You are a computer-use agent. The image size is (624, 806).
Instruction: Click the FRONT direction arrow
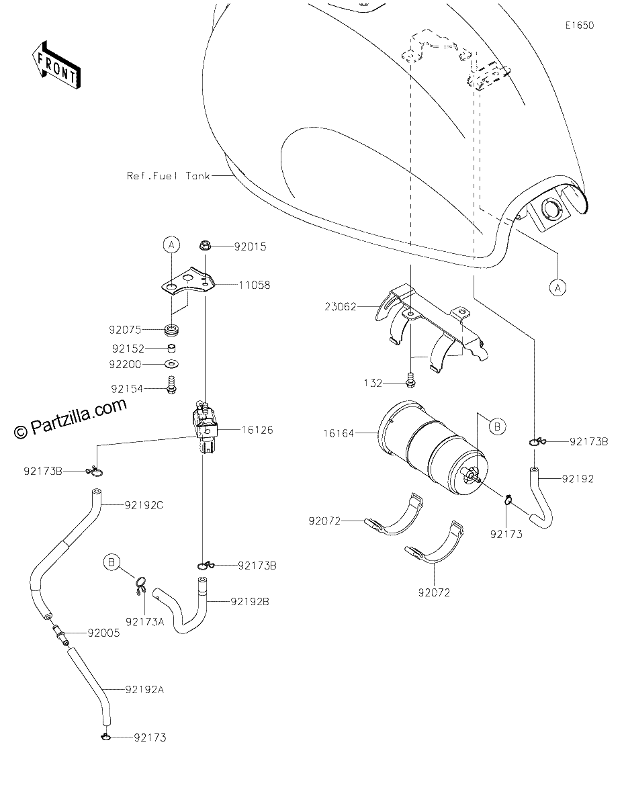56,65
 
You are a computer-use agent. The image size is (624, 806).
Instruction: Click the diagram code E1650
580,26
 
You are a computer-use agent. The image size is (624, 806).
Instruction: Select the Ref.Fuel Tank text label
169,175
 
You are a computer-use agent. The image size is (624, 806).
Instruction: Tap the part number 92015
250,247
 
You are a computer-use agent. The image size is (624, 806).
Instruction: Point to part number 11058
255,285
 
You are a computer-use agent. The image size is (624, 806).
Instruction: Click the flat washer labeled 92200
172,364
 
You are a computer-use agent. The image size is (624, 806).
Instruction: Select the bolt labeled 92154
171,386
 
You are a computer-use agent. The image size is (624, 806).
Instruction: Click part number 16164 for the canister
339,433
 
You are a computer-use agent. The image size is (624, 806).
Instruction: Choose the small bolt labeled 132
410,381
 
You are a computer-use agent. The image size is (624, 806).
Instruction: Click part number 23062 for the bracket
340,307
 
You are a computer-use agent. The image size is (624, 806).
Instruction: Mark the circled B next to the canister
497,427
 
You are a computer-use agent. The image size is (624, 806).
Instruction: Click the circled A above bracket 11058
171,244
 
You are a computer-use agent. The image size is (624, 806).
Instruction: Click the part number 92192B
250,602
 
